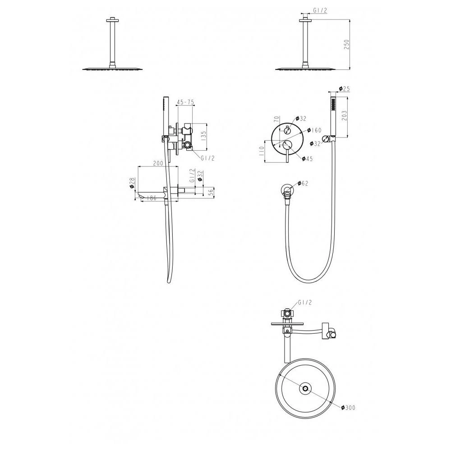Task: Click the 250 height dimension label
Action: tap(346, 44)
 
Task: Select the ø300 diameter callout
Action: tap(348, 408)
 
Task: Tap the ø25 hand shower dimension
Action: tap(344, 89)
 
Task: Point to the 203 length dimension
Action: tap(344, 115)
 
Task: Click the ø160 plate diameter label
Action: tap(314, 130)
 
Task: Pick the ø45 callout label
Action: tap(307, 159)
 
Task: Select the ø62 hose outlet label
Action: tap(303, 183)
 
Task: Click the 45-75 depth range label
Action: tap(185, 102)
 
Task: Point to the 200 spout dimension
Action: tap(158, 163)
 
